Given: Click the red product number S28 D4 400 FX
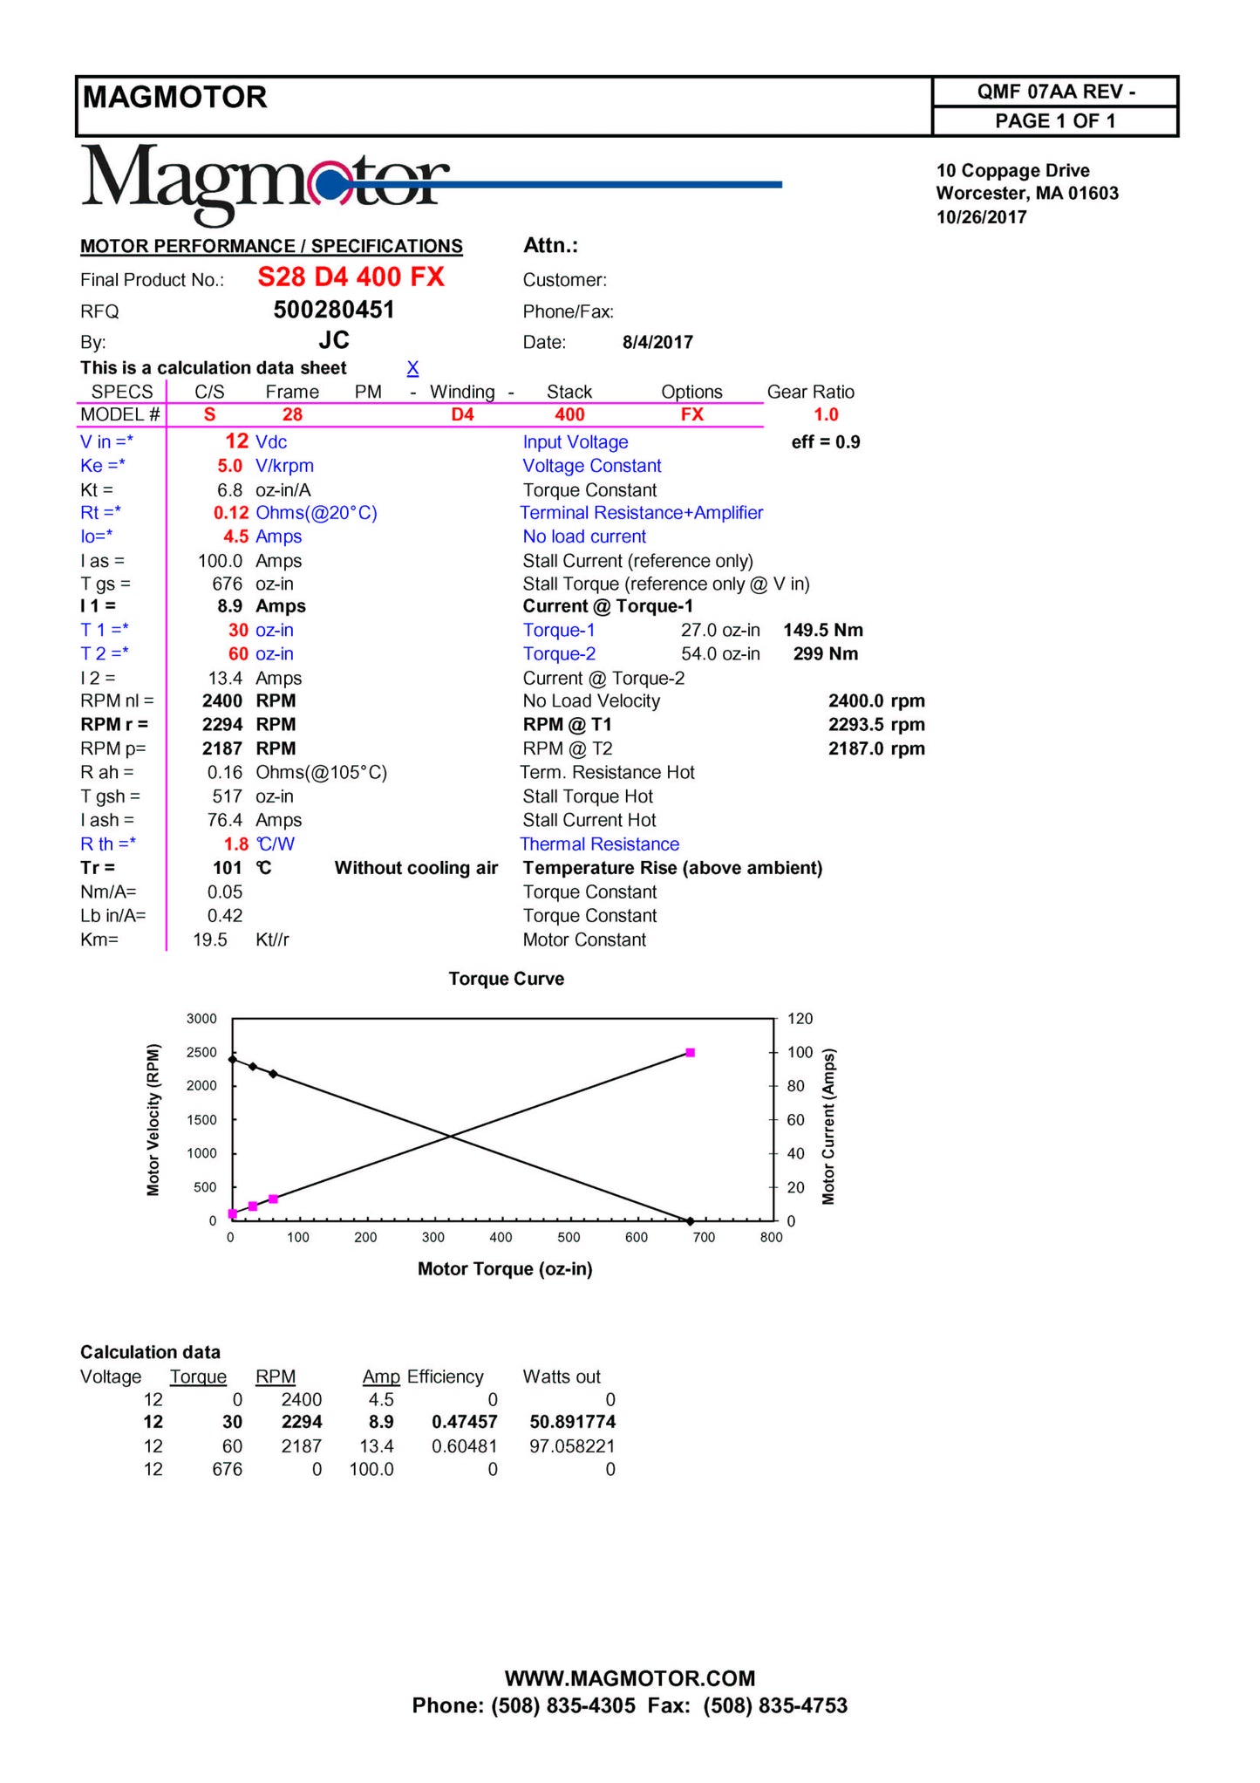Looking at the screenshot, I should pyautogui.click(x=351, y=277).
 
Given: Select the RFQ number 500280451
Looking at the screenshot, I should pyautogui.click(x=334, y=311).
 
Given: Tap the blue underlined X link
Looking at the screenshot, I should pyautogui.click(x=412, y=368).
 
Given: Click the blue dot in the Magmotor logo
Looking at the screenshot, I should pyautogui.click(x=330, y=185).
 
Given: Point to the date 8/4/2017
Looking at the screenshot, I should pyautogui.click(x=657, y=342).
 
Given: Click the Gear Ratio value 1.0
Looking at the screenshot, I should pyautogui.click(x=825, y=415).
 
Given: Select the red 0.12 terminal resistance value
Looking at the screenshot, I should pyautogui.click(x=231, y=513).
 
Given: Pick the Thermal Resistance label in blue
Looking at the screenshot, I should pyautogui.click(x=599, y=844).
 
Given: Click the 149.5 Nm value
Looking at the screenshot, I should pyautogui.click(x=822, y=631).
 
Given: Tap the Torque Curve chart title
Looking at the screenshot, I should pyautogui.click(x=506, y=979).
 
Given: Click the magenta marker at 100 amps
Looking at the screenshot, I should pyautogui.click(x=691, y=1053).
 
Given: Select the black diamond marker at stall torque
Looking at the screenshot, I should pyautogui.click(x=690, y=1221).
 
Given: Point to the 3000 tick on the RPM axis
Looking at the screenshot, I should pyautogui.click(x=201, y=1019).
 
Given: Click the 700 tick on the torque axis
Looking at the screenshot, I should pyautogui.click(x=704, y=1238).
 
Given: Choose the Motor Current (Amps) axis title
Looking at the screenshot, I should pyautogui.click(x=828, y=1126).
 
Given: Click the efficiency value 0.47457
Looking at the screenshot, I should pyautogui.click(x=464, y=1423).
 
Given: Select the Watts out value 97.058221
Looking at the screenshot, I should pyautogui.click(x=572, y=1446).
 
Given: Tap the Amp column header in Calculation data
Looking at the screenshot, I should pyautogui.click(x=381, y=1377).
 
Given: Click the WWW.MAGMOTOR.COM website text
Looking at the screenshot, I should pyautogui.click(x=630, y=1678).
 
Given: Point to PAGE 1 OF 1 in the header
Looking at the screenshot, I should pyautogui.click(x=1054, y=121).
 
